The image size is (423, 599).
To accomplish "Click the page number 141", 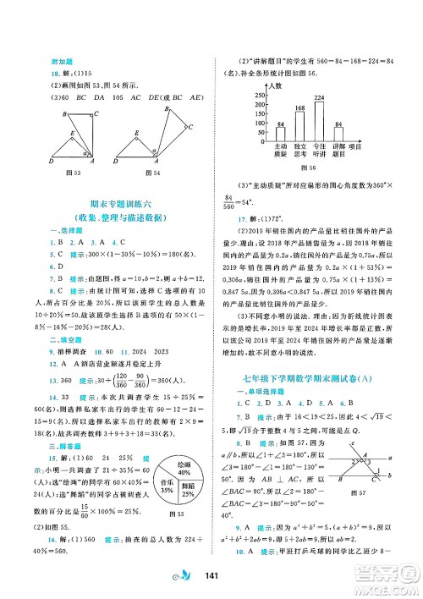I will (212, 576).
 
